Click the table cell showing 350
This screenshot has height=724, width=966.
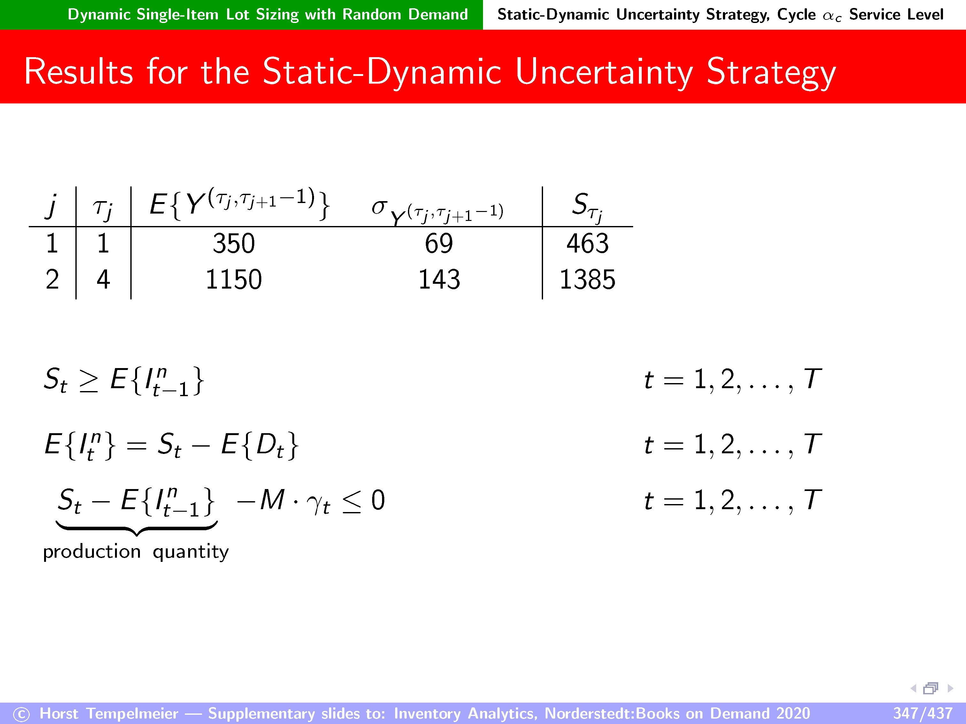(234, 244)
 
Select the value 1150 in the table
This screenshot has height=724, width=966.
(234, 279)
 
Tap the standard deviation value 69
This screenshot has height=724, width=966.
(439, 244)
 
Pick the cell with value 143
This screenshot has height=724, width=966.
(439, 279)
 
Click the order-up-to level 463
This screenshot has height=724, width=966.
(587, 244)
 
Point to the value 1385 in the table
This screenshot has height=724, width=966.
(587, 279)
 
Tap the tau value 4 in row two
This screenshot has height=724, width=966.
(103, 279)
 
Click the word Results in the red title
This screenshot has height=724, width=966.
(79, 72)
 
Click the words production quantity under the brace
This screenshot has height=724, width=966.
(136, 552)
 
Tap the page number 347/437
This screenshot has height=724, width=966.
(922, 713)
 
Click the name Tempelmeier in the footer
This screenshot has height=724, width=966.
(132, 713)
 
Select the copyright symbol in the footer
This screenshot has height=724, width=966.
(21, 714)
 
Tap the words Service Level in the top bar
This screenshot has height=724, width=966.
(896, 14)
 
